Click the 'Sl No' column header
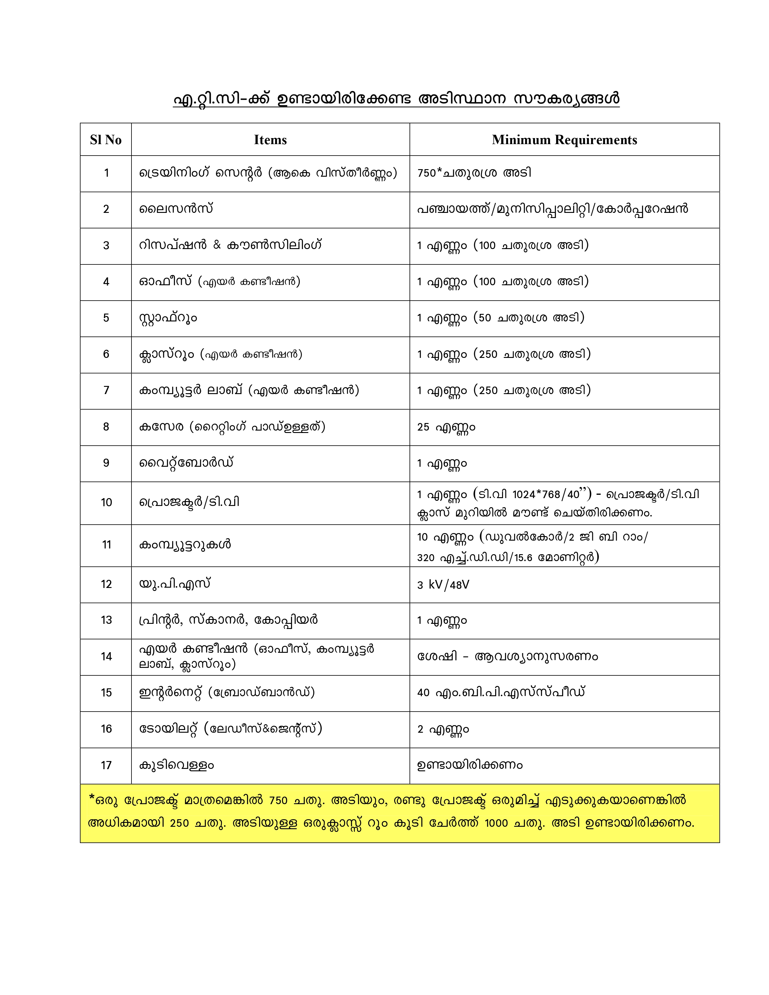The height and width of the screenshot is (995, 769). [106, 140]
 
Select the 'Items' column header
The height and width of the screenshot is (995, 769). [270, 140]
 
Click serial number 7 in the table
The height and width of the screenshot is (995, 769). [106, 390]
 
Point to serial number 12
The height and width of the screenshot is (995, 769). [106, 585]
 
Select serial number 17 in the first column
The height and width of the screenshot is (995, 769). [106, 765]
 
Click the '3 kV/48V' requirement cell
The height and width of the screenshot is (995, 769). [443, 585]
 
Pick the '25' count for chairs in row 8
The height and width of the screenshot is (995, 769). [423, 427]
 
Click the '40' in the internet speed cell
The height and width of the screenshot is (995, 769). [423, 693]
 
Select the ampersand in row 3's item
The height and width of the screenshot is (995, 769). [217, 245]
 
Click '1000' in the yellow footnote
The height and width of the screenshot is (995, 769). [496, 823]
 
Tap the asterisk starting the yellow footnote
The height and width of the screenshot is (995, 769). [92, 798]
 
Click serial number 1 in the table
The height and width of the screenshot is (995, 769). [106, 173]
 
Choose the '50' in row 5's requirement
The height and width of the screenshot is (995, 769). [485, 318]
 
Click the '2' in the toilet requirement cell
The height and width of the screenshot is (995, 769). [420, 729]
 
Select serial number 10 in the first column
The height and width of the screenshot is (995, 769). [106, 503]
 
